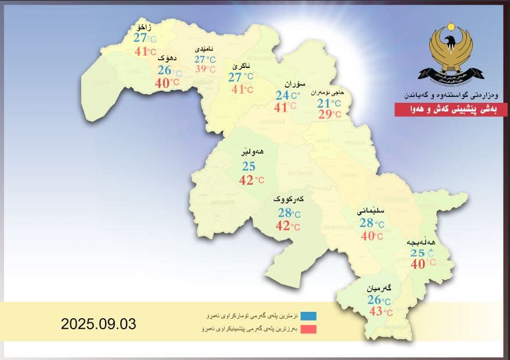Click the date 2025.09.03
(98, 324)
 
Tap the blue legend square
(308, 316)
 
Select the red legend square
(308, 329)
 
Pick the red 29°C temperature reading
(329, 114)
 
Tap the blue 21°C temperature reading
(329, 103)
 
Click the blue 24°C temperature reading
(288, 96)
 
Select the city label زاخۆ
(143, 27)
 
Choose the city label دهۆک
(166, 58)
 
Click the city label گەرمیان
(379, 288)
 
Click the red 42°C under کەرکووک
(288, 226)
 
